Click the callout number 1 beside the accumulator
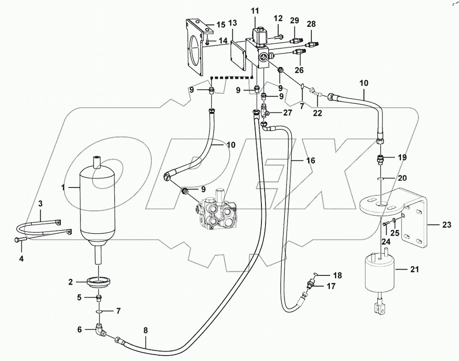point(64,187)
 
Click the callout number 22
point(318,113)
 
